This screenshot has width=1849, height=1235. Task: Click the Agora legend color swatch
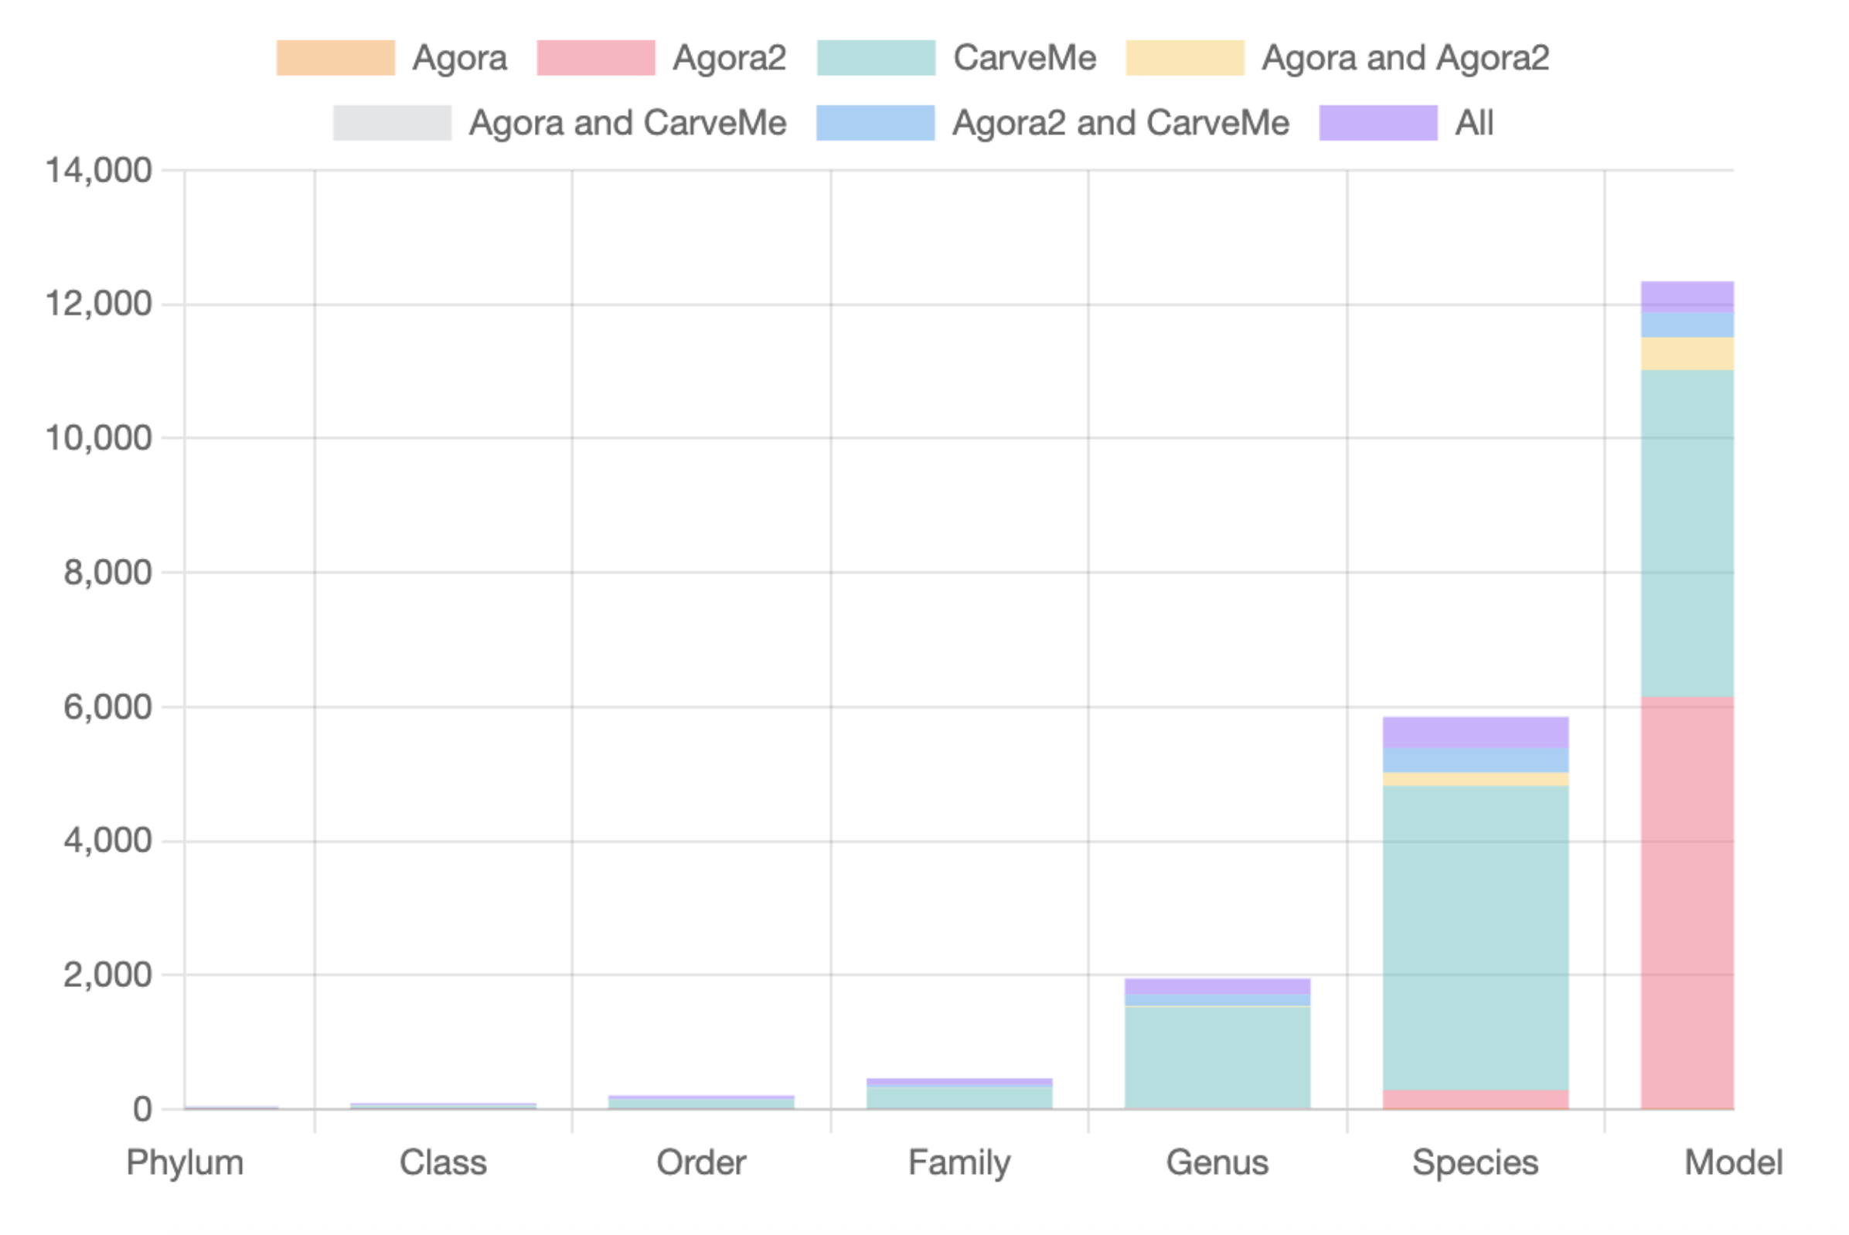pyautogui.click(x=335, y=57)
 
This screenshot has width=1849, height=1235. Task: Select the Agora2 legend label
pyautogui.click(x=729, y=57)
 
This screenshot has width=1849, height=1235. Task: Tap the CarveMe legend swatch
pyautogui.click(x=875, y=57)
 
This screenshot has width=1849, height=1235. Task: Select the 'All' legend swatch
pyautogui.click(x=1378, y=123)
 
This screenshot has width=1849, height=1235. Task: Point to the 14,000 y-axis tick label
pyautogui.click(x=98, y=170)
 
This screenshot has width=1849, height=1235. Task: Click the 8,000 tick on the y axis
pyautogui.click(x=108, y=573)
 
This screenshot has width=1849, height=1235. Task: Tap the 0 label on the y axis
pyautogui.click(x=142, y=1109)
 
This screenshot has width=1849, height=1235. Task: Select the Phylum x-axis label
pyautogui.click(x=186, y=1162)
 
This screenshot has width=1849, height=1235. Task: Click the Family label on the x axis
pyautogui.click(x=959, y=1162)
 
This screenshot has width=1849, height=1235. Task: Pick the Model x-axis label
pyautogui.click(x=1732, y=1162)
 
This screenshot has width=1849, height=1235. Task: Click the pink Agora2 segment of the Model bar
pyautogui.click(x=1687, y=903)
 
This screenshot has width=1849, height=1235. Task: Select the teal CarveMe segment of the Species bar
pyautogui.click(x=1475, y=937)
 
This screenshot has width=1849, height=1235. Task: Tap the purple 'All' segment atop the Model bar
pyautogui.click(x=1687, y=296)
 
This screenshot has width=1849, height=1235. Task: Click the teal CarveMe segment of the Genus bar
pyautogui.click(x=1217, y=1057)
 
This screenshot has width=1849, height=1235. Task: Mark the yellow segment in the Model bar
pyautogui.click(x=1687, y=354)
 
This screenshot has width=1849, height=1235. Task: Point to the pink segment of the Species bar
pyautogui.click(x=1475, y=1100)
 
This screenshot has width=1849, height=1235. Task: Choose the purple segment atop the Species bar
pyautogui.click(x=1475, y=733)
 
